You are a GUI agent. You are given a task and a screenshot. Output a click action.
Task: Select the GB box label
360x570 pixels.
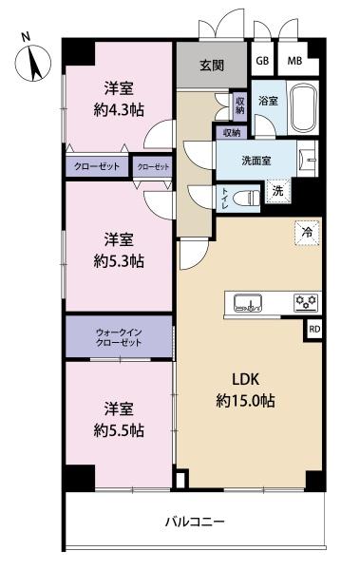pyautogui.click(x=262, y=62)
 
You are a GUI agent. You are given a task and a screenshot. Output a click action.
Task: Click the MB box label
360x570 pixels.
pyautogui.click(x=295, y=62)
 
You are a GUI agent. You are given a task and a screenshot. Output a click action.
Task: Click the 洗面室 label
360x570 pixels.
pyautogui.click(x=256, y=161)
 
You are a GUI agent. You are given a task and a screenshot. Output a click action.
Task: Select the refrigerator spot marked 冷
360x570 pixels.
pyautogui.click(x=307, y=230)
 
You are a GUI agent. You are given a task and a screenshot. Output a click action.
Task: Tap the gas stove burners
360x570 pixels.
pyautogui.click(x=306, y=303)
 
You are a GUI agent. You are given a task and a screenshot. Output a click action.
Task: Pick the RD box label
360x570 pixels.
pyautogui.click(x=313, y=330)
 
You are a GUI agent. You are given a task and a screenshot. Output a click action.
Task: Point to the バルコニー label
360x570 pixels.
pyautogui.click(x=194, y=522)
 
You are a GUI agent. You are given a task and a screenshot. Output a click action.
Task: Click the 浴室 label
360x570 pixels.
pyautogui.click(x=267, y=100)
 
